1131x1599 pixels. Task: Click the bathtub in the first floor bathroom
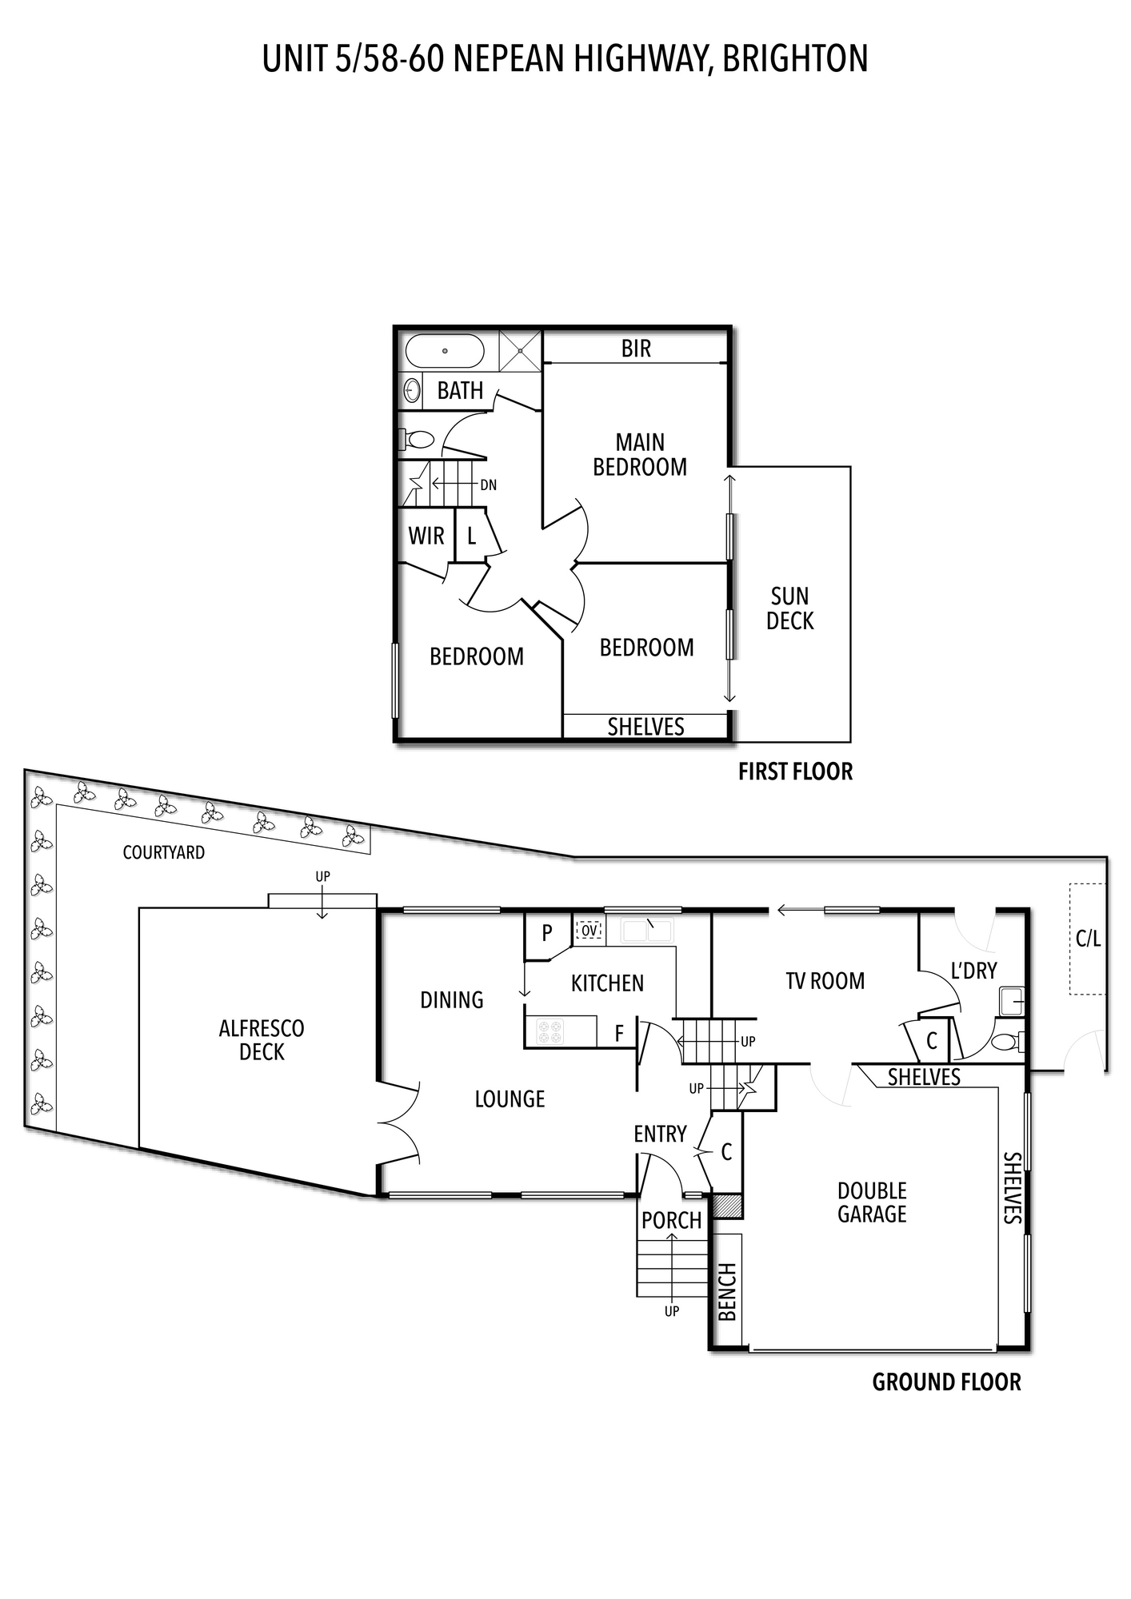click(445, 351)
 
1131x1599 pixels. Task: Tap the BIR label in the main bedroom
click(636, 349)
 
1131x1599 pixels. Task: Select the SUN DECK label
click(789, 608)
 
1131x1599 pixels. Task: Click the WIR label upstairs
click(426, 536)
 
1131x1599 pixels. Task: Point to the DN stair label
click(488, 484)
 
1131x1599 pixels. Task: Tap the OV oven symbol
click(589, 931)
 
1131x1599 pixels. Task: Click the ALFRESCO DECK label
click(262, 1039)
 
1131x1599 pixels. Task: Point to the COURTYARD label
click(163, 852)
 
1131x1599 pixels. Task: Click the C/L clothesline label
click(1088, 939)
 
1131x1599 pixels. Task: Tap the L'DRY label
click(973, 971)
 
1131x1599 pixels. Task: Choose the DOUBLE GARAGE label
click(872, 1202)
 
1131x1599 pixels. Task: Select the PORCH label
click(671, 1221)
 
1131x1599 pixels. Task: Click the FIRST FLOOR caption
click(795, 772)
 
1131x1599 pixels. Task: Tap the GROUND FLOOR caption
click(946, 1382)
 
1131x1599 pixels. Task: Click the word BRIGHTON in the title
click(795, 59)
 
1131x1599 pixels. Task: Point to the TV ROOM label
click(825, 981)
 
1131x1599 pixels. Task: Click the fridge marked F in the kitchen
click(618, 1033)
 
